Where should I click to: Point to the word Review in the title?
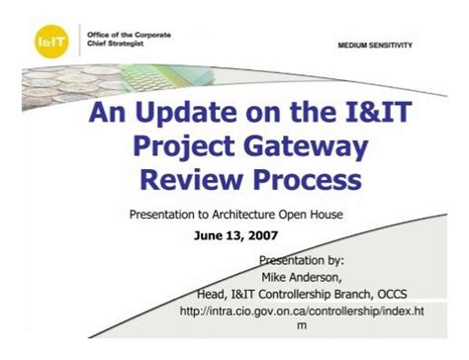click(x=187, y=181)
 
